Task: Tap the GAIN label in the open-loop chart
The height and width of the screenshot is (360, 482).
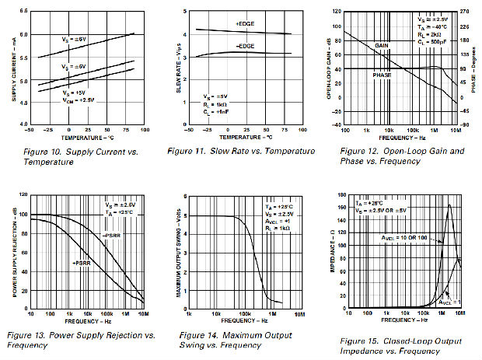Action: [381, 46]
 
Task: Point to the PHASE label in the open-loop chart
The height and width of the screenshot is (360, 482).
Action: [382, 75]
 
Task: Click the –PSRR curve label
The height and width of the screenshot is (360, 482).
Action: [113, 234]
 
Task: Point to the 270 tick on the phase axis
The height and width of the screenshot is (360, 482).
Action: [466, 12]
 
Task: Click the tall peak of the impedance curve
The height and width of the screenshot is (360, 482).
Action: [449, 205]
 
